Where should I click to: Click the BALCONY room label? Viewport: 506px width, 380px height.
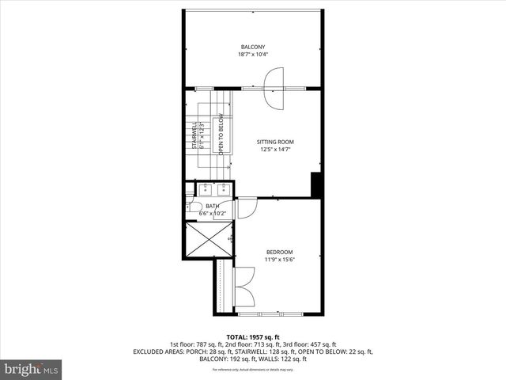(252, 46)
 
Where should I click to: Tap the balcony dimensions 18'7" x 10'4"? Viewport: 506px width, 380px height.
(252, 55)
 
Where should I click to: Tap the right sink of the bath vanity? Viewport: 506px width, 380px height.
(223, 189)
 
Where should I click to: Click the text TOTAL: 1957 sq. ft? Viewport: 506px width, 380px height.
(253, 336)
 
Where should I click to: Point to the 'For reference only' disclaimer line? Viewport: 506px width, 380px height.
(253, 369)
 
